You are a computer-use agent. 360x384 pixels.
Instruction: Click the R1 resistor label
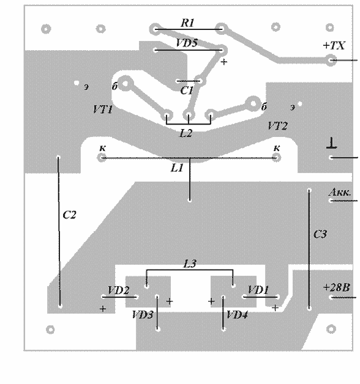coord(187,23)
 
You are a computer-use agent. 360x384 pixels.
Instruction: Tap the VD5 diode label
coord(187,43)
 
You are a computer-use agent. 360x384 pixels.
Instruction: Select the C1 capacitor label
coord(187,90)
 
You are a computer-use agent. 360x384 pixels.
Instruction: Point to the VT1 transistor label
coord(103,109)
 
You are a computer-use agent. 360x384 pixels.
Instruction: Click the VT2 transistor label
coord(277,126)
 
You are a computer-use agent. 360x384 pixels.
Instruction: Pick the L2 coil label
coord(186,133)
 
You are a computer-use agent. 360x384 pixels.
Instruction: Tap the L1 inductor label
coord(177,168)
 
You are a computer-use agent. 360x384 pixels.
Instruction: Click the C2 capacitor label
coord(69,215)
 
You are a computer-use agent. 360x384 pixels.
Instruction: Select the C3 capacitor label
coord(320,234)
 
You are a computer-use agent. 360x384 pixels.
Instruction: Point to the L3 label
coord(190,264)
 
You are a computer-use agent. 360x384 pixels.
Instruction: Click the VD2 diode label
coord(118,290)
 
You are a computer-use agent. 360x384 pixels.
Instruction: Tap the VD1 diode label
coord(258,290)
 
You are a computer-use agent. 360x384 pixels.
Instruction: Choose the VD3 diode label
coord(143,315)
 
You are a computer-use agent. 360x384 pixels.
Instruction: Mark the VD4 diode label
coord(237,315)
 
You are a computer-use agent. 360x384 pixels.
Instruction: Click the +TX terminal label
coord(334,45)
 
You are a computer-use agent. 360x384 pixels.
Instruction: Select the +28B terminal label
coord(336,287)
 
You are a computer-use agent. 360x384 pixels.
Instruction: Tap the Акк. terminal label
coord(340,192)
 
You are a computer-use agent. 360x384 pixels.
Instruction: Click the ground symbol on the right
coord(332,143)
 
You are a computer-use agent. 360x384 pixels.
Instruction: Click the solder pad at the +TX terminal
coord(331,60)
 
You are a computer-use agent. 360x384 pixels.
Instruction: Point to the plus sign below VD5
coord(223,62)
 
